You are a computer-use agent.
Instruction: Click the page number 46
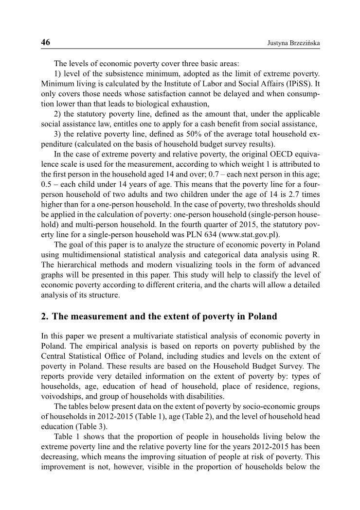(45, 42)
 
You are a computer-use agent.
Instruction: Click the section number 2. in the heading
(45, 317)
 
